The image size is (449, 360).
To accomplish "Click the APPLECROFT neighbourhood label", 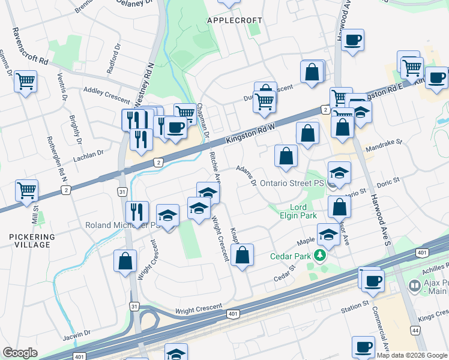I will tap(234, 20).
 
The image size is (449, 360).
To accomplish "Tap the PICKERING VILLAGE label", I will tap(34, 241).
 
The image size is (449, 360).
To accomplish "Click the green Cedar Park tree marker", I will tap(321, 256).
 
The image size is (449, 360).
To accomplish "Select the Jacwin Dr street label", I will tap(76, 332).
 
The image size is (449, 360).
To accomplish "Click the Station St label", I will tap(354, 307).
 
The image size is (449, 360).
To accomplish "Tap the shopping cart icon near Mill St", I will tap(26, 191).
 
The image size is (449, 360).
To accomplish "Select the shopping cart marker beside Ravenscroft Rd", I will tap(26, 81).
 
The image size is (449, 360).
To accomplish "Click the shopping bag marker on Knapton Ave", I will tap(242, 256).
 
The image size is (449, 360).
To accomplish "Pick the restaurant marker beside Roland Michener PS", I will tap(137, 211).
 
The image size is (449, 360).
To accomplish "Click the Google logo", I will tap(20, 353).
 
